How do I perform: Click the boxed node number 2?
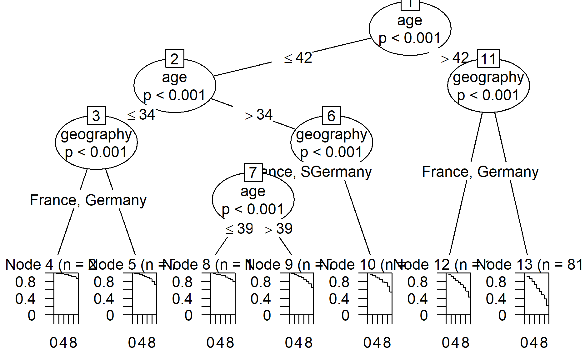coord(175,59)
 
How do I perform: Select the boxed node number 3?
coord(96,116)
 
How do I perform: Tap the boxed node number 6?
coord(331,116)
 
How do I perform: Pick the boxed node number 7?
coord(253,172)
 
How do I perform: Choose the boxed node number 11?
coord(488,59)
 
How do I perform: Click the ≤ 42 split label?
coord(298,58)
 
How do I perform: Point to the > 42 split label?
coord(455,58)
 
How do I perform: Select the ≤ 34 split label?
coord(141,115)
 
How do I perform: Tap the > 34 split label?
coord(259,115)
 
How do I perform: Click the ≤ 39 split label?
coord(239,229)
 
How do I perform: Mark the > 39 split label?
coord(278,229)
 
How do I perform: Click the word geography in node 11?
coord(488,77)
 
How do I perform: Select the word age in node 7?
coord(253,191)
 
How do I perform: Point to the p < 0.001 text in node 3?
coord(96,152)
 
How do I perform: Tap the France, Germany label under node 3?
coord(88,200)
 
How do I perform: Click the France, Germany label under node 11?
coord(480,172)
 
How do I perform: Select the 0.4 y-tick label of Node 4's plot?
coord(26,299)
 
